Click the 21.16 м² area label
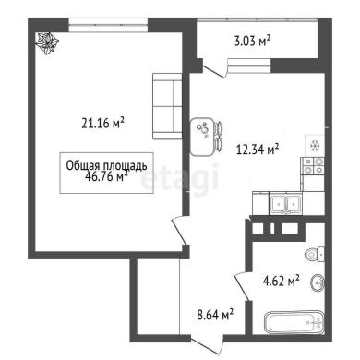coord(102,123)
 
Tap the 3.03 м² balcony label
coord(252,41)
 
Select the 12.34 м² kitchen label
coord(258,150)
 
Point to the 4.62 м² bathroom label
coord(282,281)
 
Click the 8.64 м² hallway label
coord(215,315)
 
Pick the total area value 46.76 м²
coord(106,176)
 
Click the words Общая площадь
coord(106,165)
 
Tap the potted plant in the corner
coord(47,43)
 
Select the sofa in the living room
coord(167,106)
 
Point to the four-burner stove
coord(314,166)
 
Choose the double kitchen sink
coord(286,203)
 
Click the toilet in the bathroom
coord(315,255)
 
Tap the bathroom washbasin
coord(318,282)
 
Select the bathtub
coord(294,322)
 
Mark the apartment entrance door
coord(207,344)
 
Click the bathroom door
coord(243,287)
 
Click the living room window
coord(108,25)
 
